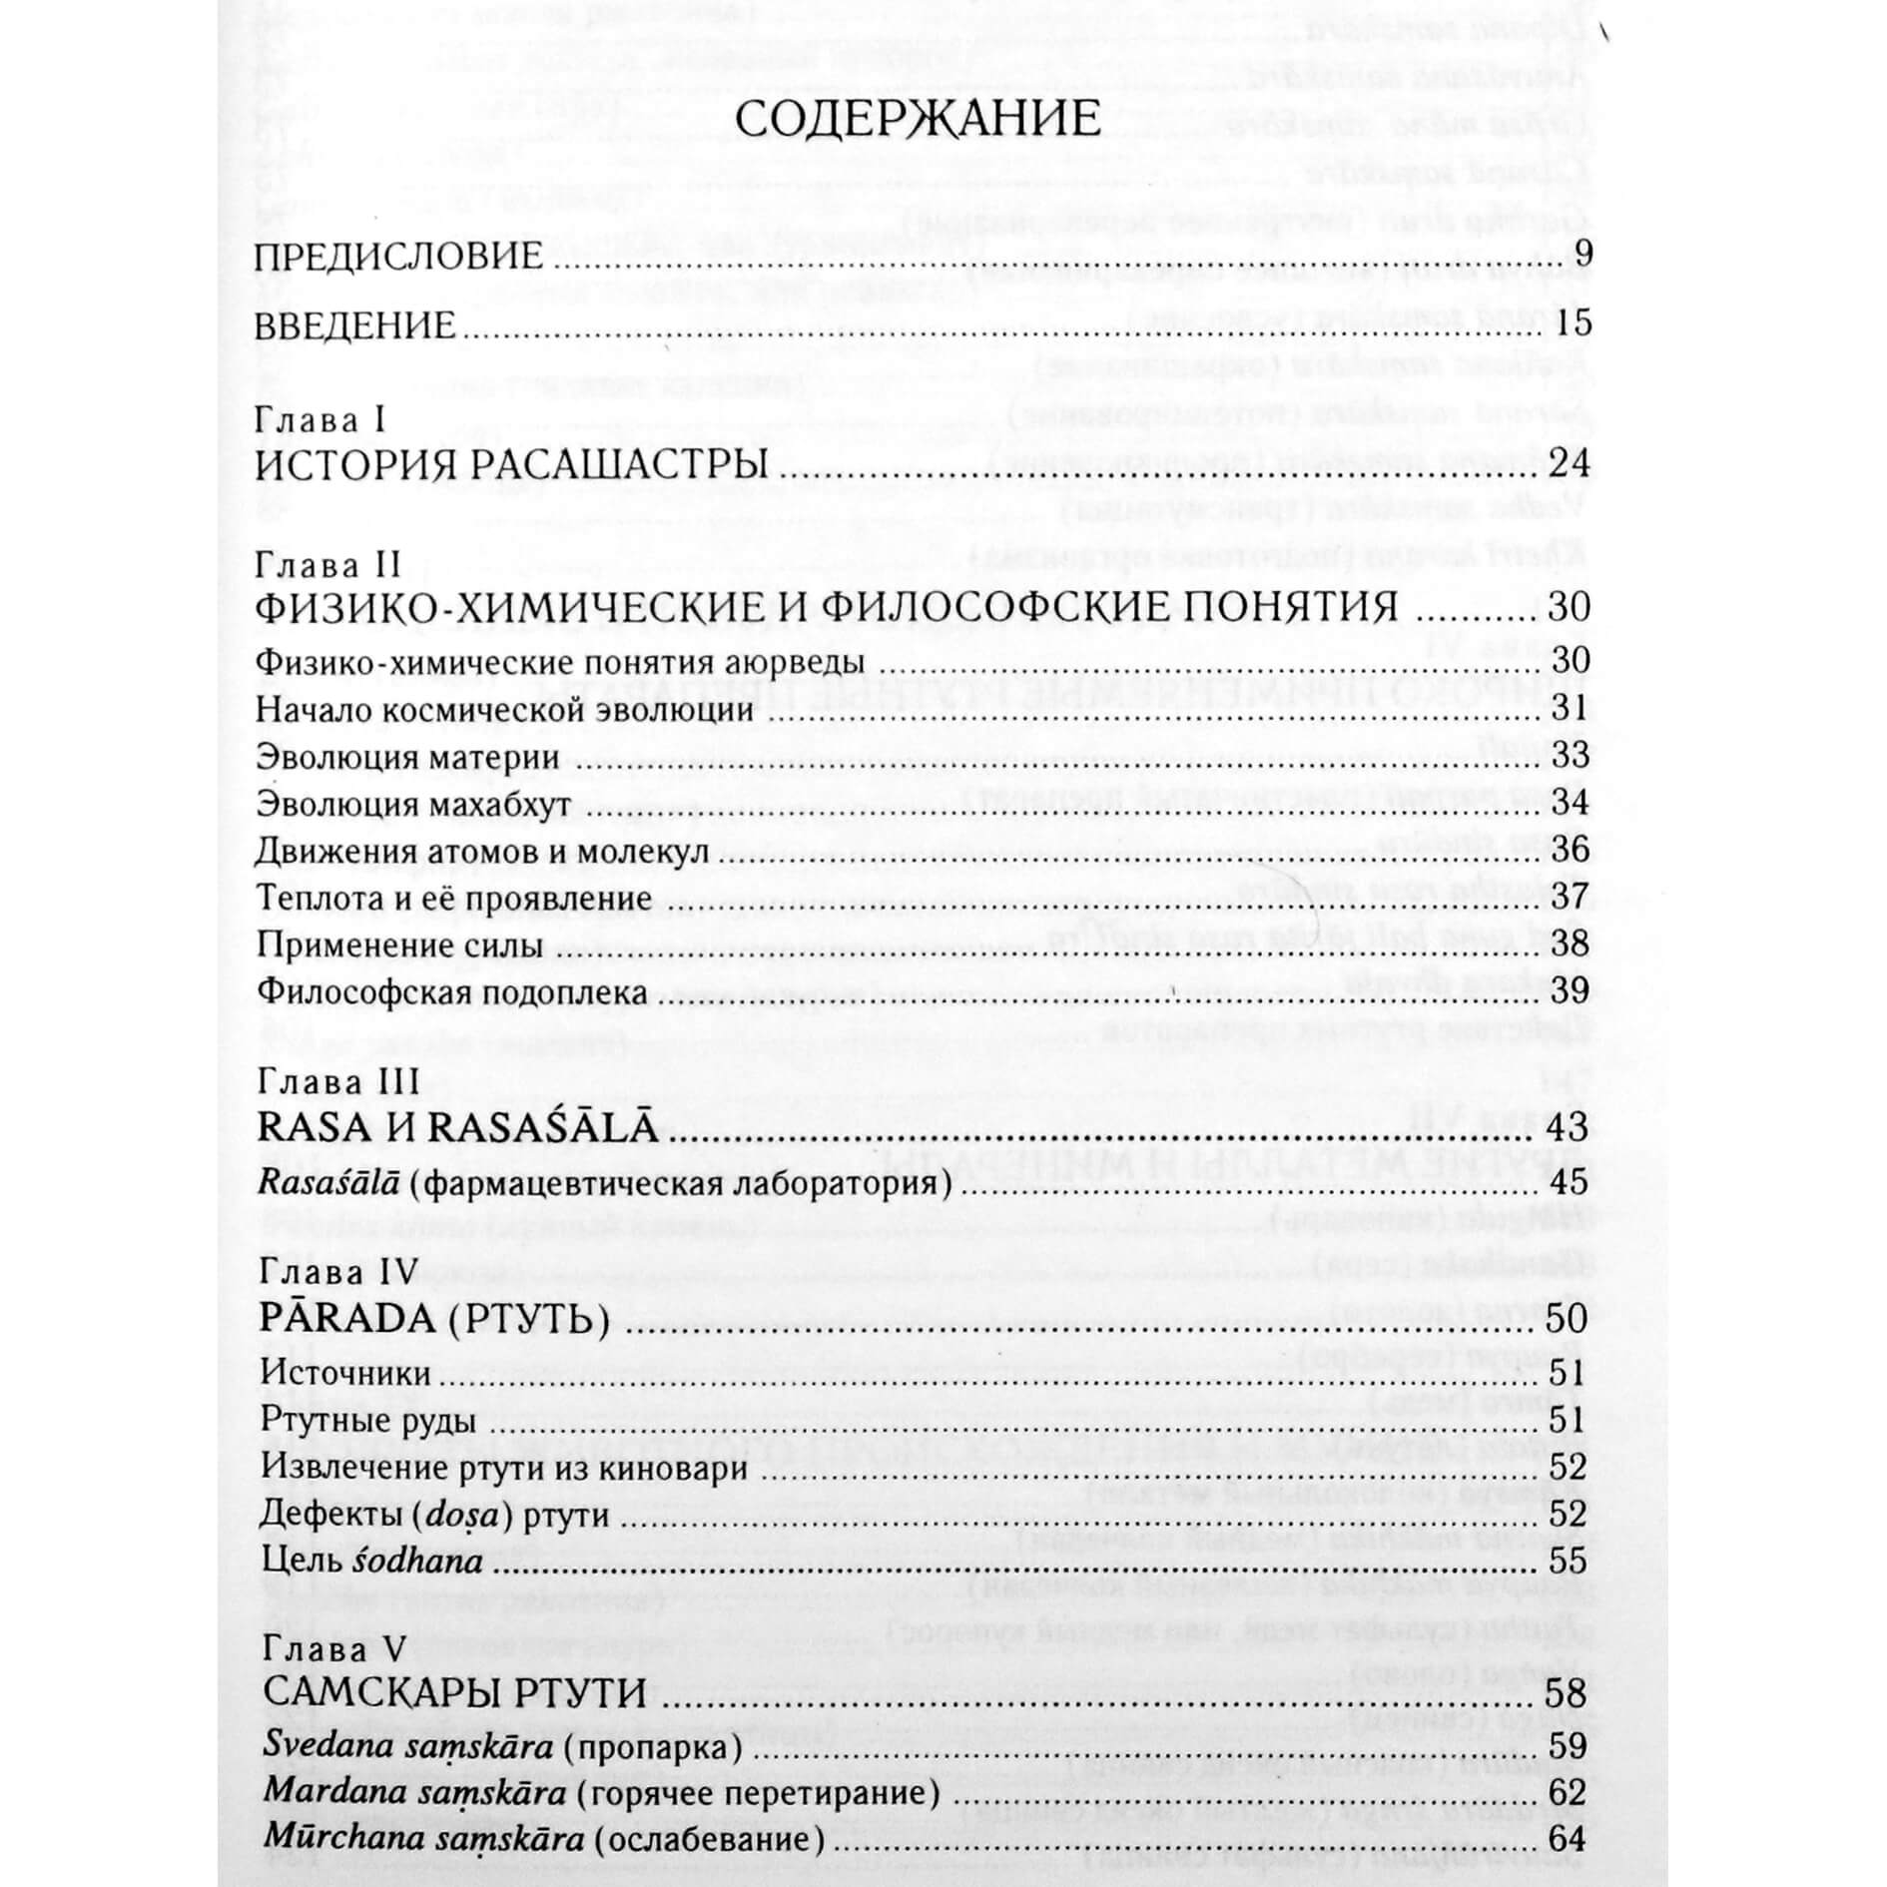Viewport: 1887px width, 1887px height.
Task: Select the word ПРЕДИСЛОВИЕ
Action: click(x=399, y=257)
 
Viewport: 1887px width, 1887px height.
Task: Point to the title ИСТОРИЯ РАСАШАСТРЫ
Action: click(x=512, y=466)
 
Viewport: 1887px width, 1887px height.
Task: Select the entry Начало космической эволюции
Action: click(x=504, y=710)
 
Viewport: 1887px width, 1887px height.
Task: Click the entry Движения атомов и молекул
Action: click(x=482, y=851)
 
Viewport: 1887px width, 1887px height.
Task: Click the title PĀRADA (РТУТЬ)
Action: click(x=434, y=1319)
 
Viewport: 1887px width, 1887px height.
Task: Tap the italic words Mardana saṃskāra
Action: click(x=409, y=1793)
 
